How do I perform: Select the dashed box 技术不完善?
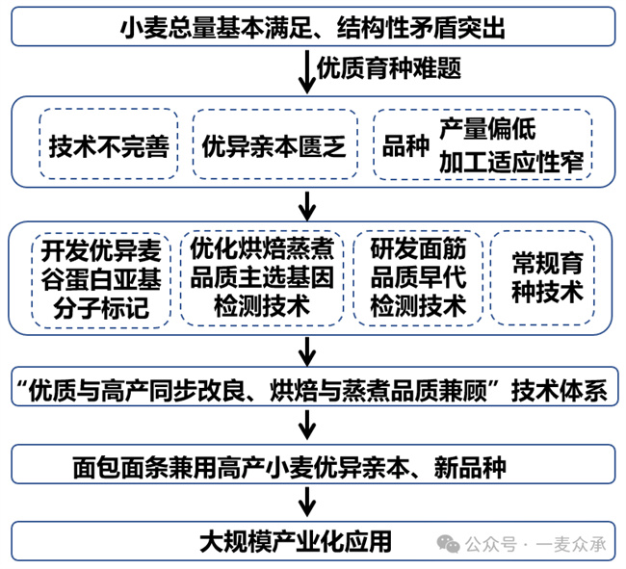(109, 145)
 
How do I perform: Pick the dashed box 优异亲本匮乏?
(274, 145)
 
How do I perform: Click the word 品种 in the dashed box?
(403, 145)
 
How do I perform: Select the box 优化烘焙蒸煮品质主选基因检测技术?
(262, 278)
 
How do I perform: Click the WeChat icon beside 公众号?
(450, 544)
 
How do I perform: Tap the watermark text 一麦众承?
(573, 545)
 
